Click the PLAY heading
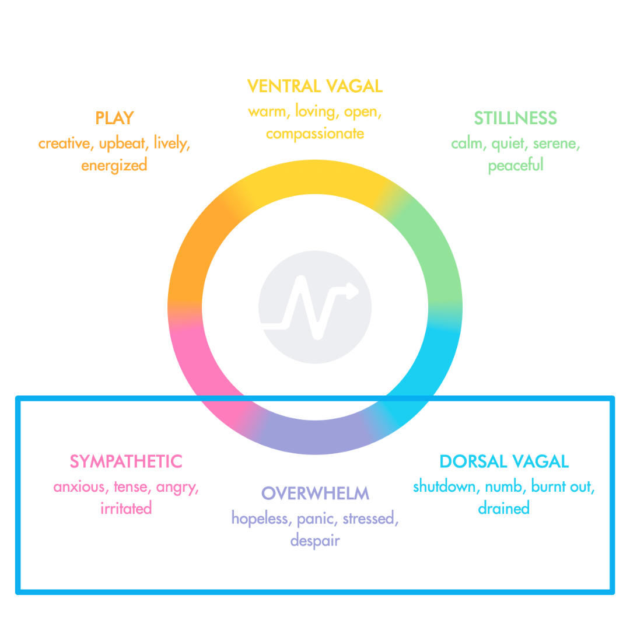click(114, 118)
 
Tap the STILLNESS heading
click(515, 118)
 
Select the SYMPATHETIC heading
click(126, 461)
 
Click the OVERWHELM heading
click(315, 493)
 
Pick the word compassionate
click(315, 134)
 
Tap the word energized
click(114, 165)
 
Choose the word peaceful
click(515, 165)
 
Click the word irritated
click(126, 508)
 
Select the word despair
click(315, 540)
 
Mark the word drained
click(503, 508)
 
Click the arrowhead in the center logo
click(352, 290)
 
